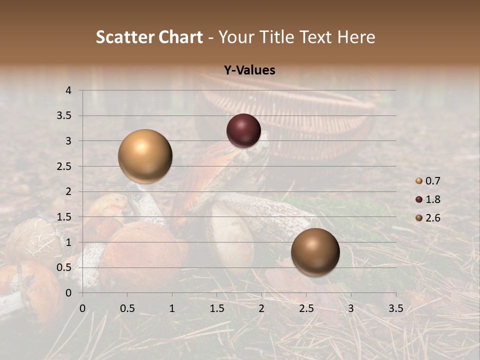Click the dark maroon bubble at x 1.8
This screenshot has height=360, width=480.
(243, 131)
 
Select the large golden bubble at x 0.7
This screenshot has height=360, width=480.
(145, 156)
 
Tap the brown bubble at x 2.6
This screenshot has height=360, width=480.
(315, 252)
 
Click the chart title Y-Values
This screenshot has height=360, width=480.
(249, 70)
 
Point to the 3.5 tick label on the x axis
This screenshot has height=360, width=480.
(395, 308)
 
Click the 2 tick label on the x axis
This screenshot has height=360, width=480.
(261, 308)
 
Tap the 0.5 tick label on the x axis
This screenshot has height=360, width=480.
(127, 308)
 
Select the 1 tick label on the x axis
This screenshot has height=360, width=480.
(172, 308)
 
